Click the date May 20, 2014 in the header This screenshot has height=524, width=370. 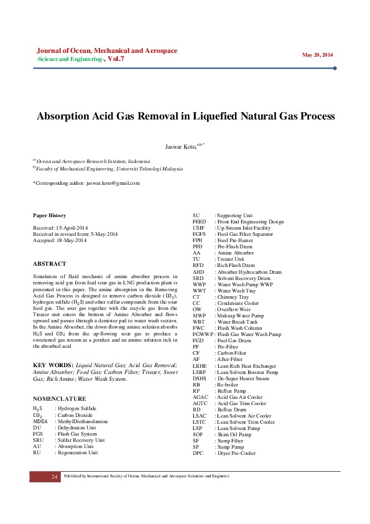coord(317,55)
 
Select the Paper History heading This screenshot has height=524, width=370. coord(49,215)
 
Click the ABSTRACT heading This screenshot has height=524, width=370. coord(49,263)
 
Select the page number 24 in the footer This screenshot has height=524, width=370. coord(55,476)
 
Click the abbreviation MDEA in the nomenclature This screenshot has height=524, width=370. coord(40,421)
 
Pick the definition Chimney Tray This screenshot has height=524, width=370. coord(231,297)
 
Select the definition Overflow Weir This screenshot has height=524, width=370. coord(233,309)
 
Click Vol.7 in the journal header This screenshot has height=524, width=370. coord(115,58)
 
